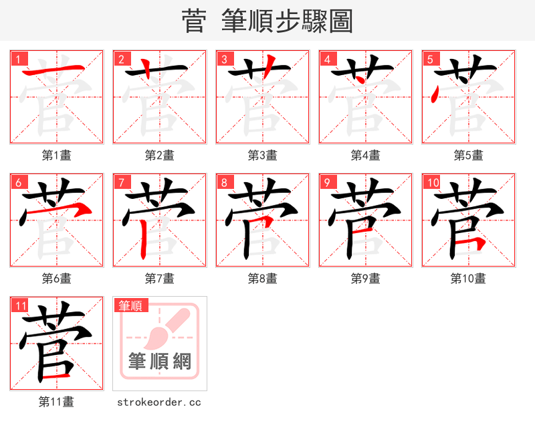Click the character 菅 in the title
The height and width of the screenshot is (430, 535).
coord(194,21)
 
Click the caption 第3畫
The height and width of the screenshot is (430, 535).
coord(262,155)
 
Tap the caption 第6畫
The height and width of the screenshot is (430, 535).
coord(56,279)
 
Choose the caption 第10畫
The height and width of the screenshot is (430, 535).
coord(468,279)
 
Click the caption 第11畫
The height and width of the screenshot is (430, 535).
coord(56,402)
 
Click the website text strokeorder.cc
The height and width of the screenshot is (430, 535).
coord(159,403)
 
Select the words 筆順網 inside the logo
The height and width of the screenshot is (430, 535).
coord(160,362)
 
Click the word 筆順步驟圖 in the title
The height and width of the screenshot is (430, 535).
coord(290,21)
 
